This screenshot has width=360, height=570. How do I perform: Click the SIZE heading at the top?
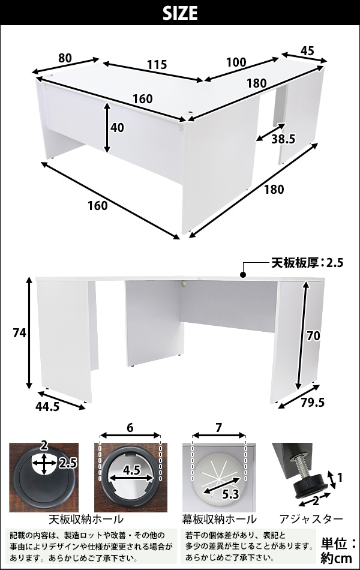[x=180, y=13]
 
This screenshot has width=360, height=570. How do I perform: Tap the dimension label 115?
[x=157, y=65]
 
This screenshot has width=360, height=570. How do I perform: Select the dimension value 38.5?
[x=283, y=139]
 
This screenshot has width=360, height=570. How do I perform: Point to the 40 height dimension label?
[x=117, y=128]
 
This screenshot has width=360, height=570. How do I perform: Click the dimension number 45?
[x=307, y=51]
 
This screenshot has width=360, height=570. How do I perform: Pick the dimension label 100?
[x=236, y=62]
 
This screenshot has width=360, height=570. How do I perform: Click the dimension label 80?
[x=65, y=58]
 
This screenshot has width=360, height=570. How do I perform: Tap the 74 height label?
[x=19, y=332]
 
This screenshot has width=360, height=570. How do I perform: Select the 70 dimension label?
[x=313, y=336]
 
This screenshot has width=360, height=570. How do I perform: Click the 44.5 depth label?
[x=47, y=406]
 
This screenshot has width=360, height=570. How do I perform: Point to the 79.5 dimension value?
[x=313, y=403]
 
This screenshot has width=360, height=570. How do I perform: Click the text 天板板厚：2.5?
[x=307, y=262]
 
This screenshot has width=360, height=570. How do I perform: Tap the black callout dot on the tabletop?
[x=243, y=275]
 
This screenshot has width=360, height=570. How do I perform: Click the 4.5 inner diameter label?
[x=131, y=470]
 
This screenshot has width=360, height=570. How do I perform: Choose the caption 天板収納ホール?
[x=86, y=519]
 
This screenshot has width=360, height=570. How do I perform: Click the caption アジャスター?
[x=311, y=519]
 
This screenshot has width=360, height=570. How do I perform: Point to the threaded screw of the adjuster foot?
[x=304, y=466]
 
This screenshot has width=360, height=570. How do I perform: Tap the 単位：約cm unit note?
[x=338, y=551]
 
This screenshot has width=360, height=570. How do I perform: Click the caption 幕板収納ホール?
[x=219, y=519]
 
